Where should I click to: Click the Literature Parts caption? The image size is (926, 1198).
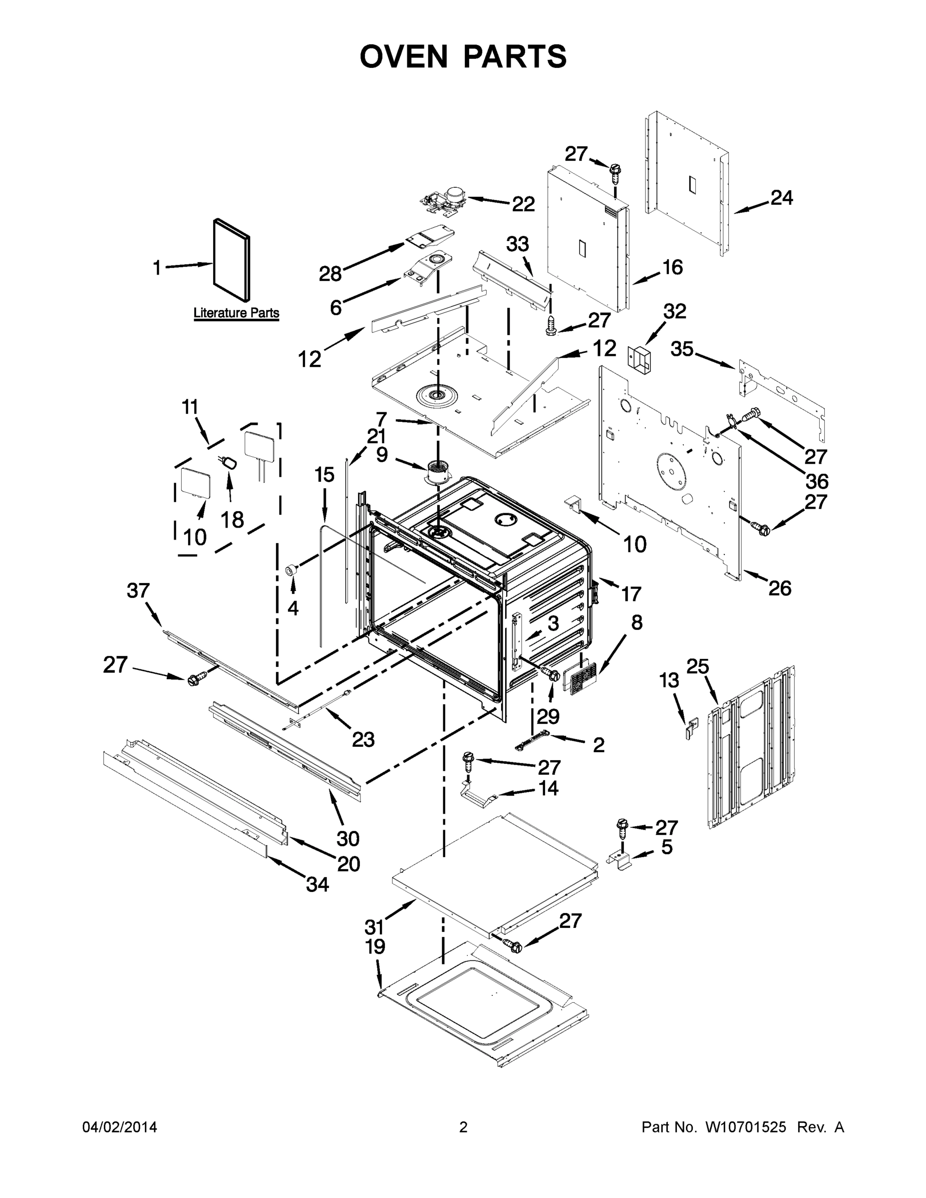(237, 312)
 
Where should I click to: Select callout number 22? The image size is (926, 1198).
(523, 204)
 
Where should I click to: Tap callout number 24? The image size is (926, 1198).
(781, 198)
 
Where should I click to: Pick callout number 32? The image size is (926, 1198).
(674, 311)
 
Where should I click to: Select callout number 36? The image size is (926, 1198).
(816, 481)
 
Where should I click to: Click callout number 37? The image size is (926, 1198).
(138, 591)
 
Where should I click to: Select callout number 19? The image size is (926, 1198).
(375, 947)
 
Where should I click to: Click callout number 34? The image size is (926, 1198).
(317, 884)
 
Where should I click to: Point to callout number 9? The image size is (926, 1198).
(382, 454)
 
